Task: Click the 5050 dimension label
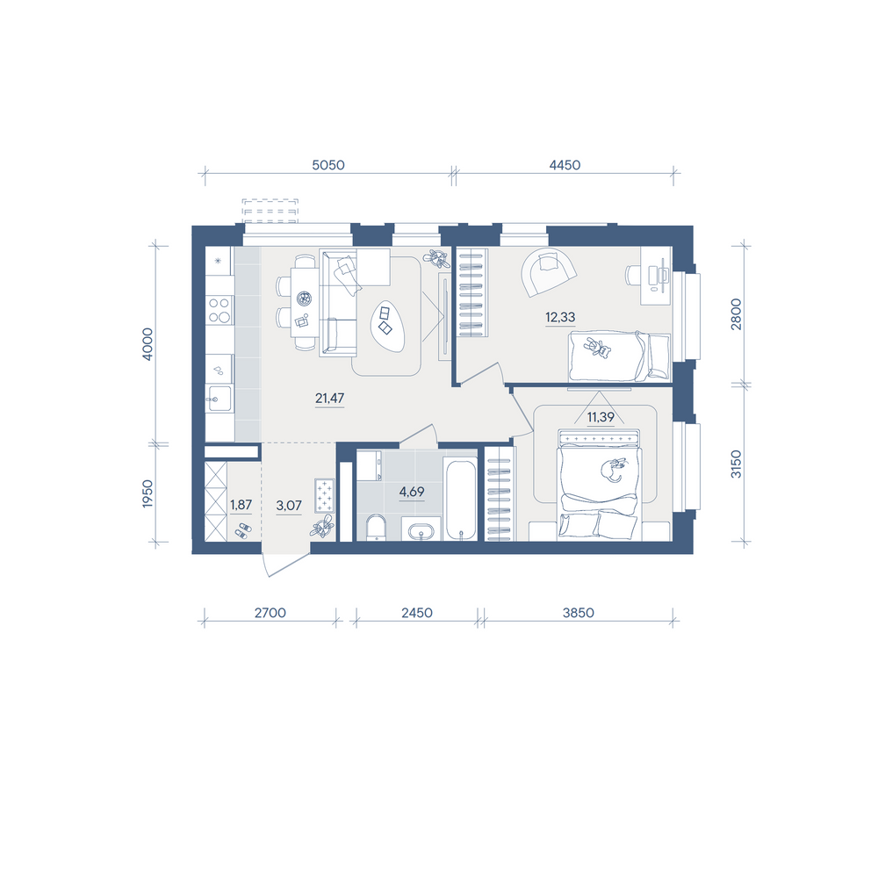point(328,165)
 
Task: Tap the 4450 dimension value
point(565,165)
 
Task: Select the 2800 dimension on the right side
point(737,314)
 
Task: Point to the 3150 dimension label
point(737,464)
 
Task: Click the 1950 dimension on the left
point(148,493)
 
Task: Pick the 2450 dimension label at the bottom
point(416,613)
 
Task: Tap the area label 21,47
point(329,398)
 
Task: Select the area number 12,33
point(560,317)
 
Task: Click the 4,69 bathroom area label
point(412,492)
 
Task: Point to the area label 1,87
point(241,505)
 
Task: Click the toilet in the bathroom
point(377,528)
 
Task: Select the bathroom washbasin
point(421,530)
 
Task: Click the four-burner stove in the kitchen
point(219,310)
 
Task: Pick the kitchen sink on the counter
point(218,399)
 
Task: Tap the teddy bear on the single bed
point(598,348)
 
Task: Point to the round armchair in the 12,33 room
point(549,271)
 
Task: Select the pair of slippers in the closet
point(242,531)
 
